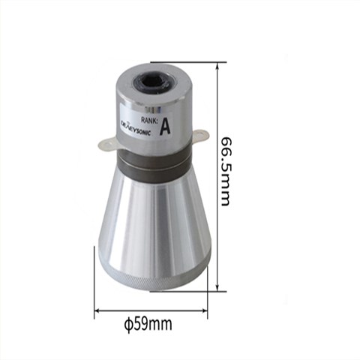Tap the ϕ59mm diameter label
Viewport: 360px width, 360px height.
148,324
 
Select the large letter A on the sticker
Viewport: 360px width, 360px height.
165,126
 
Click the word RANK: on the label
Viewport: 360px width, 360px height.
149,120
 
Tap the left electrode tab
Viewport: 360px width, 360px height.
107,145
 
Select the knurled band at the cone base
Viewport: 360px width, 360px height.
155,281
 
